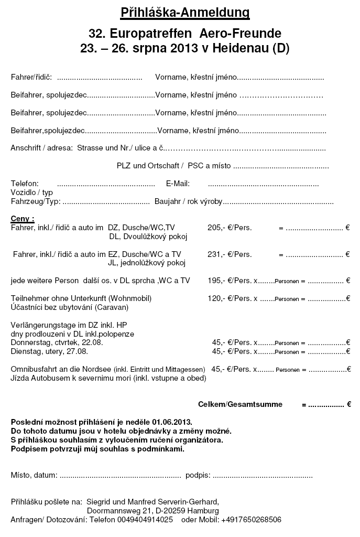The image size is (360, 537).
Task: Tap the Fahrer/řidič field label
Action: click(x=31, y=77)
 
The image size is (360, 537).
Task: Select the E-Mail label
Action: click(x=178, y=184)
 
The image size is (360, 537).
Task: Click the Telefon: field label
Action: click(x=25, y=184)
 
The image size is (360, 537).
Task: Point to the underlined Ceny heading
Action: click(x=23, y=218)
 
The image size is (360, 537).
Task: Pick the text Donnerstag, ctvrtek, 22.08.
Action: click(x=57, y=342)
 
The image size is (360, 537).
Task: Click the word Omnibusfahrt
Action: click(x=34, y=369)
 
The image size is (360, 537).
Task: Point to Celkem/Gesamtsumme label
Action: click(x=240, y=404)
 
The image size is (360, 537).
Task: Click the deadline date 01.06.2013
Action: click(x=172, y=422)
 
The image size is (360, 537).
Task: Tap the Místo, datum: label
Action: click(x=34, y=476)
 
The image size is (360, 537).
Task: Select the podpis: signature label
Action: click(x=198, y=476)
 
